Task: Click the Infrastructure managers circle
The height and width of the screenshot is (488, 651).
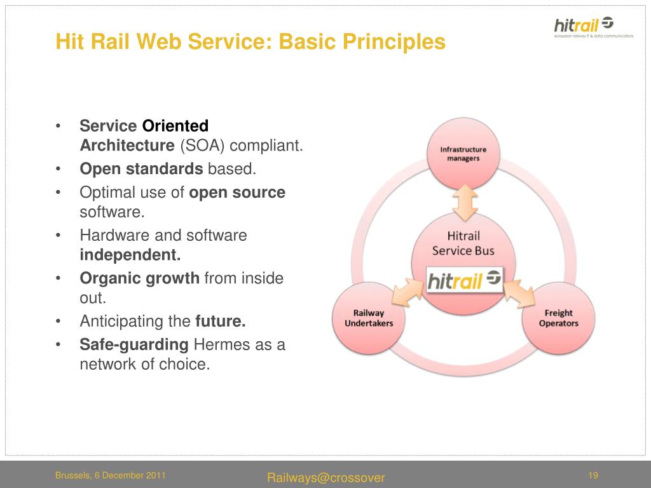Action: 463,154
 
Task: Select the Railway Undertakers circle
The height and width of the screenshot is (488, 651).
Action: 369,318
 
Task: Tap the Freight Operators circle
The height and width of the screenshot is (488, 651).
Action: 558,318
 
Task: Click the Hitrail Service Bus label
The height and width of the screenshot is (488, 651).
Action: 463,243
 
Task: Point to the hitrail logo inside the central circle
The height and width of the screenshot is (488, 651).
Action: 465,280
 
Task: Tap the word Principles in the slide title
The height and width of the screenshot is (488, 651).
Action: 395,42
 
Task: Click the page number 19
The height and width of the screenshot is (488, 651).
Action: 594,476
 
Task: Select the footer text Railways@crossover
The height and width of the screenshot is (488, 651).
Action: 326,478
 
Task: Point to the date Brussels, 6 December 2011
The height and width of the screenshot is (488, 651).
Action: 111,475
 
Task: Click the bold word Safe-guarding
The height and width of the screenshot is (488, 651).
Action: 134,344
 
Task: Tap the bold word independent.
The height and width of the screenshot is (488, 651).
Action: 130,255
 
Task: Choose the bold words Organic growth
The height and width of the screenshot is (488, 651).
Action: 139,278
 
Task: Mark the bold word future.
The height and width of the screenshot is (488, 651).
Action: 221,322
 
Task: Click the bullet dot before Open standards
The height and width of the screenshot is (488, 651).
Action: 58,169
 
